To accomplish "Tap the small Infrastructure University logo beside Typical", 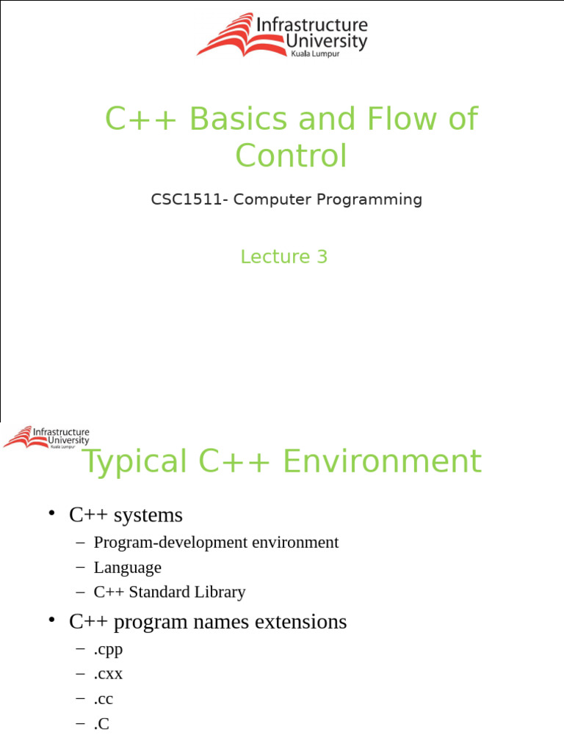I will click(x=46, y=437).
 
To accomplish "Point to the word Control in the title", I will click(x=290, y=155).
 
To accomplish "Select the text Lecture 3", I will click(x=283, y=257).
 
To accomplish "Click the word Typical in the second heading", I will click(x=134, y=463).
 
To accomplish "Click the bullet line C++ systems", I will click(x=126, y=516).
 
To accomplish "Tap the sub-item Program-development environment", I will click(x=216, y=543).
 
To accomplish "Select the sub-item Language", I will click(x=127, y=568).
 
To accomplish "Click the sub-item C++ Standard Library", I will click(x=169, y=592).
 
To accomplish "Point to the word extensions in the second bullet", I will click(x=293, y=622).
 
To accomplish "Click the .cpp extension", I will click(x=108, y=649).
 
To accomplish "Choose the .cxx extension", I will click(x=108, y=674).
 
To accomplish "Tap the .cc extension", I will click(x=104, y=699).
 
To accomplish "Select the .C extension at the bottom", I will click(x=102, y=724).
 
